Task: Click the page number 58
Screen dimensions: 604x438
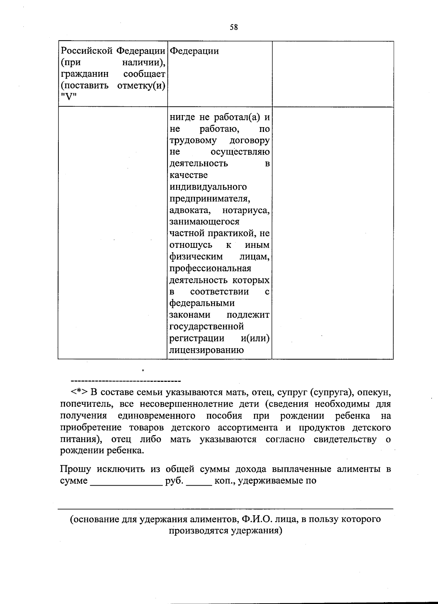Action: [x=234, y=27]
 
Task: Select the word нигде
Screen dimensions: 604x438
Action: [x=183, y=117]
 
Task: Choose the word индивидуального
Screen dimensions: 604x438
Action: [x=208, y=187]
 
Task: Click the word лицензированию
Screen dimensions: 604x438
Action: [x=207, y=350]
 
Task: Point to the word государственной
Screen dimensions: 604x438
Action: [x=207, y=326]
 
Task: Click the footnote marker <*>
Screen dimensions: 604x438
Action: [x=79, y=392]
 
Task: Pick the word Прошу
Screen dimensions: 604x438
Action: [x=76, y=469]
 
